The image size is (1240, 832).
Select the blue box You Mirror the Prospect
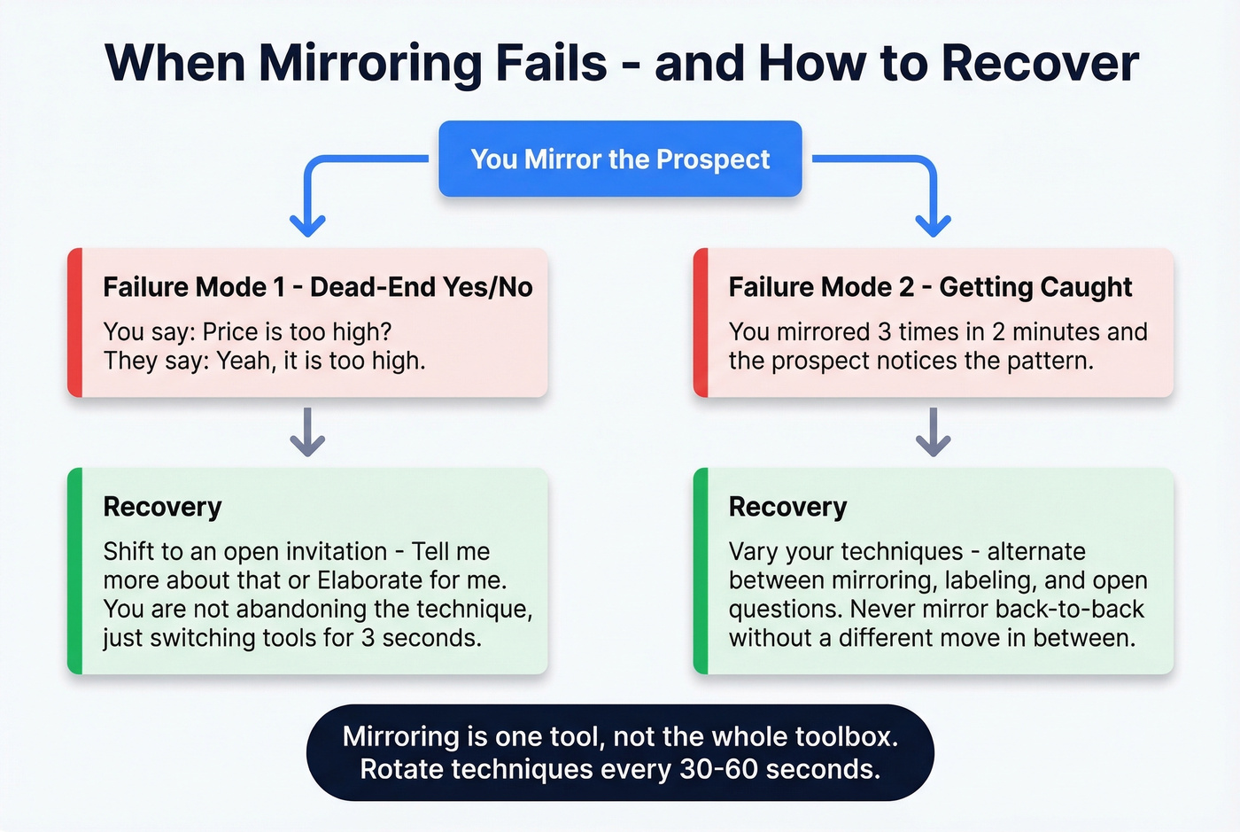(620, 159)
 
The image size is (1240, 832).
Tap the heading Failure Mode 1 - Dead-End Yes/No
(318, 287)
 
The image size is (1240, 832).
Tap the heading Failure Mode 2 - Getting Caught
(930, 287)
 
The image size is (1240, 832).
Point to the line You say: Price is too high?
(247, 331)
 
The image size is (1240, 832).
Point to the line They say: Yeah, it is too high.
(264, 361)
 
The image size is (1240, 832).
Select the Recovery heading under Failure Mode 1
(162, 507)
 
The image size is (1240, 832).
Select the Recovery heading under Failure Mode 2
(787, 507)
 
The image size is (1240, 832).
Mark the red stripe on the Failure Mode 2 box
(701, 323)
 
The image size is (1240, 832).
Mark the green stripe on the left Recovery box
(75, 571)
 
